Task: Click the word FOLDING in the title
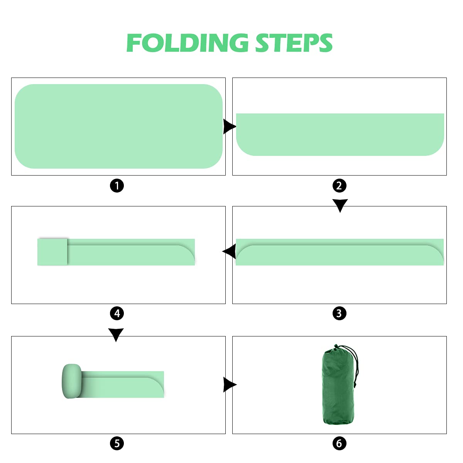pos(188,43)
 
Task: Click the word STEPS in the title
pos(294,43)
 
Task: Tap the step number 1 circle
pos(117,186)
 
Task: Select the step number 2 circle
pos(339,186)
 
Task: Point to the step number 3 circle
pos(339,313)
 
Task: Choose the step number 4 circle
pos(117,313)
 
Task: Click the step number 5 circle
pos(117,443)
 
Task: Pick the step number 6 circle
pos(339,443)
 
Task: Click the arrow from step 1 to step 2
pos(229,127)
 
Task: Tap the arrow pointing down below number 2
pos(340,205)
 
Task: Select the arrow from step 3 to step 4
pos(230,251)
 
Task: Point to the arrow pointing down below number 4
pos(116,335)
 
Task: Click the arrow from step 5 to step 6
pos(230,385)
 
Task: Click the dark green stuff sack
pos(338,389)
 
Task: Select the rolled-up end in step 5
pos(72,381)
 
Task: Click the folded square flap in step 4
pos(52,252)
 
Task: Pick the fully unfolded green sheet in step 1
pos(118,126)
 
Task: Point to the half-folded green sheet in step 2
pos(340,135)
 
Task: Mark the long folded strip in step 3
pos(340,252)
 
